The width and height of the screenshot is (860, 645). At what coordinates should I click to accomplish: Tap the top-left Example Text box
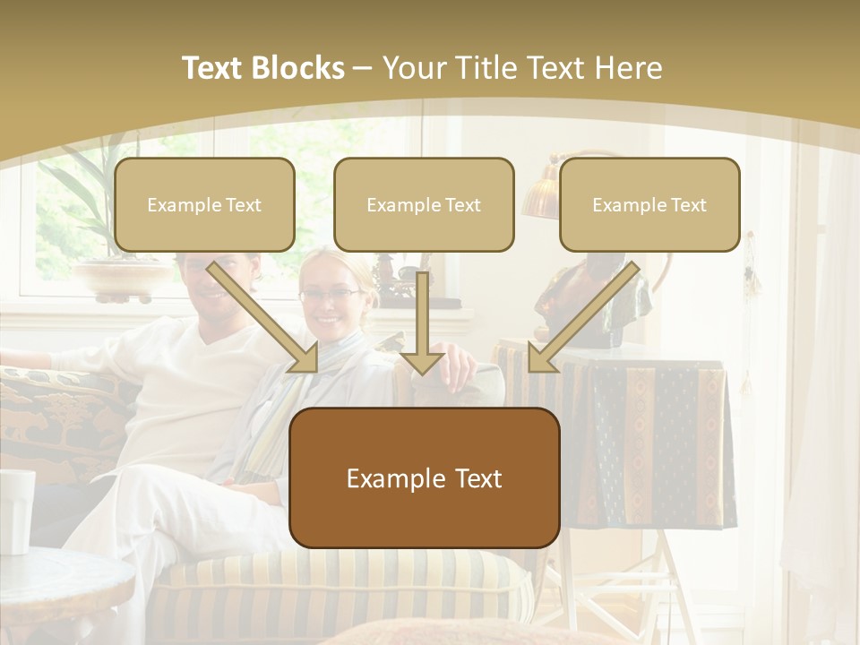coord(204,205)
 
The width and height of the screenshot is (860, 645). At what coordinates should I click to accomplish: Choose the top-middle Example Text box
coord(424,205)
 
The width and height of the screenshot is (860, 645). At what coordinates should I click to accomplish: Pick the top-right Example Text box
coord(649,205)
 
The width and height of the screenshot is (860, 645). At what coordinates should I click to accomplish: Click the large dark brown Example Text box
coord(425,478)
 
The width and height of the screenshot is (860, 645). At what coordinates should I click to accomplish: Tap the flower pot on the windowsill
coord(121,278)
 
